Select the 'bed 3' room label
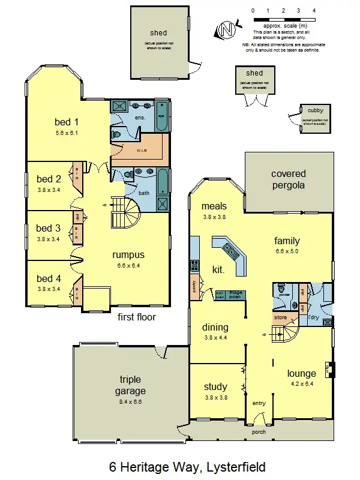[49, 228]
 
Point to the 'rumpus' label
[129, 254]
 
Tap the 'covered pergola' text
[288, 179]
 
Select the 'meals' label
[214, 207]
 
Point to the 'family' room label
[287, 241]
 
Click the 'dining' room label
[215, 327]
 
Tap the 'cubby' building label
[315, 110]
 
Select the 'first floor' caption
[136, 317]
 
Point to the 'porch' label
[259, 431]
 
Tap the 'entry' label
[259, 403]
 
